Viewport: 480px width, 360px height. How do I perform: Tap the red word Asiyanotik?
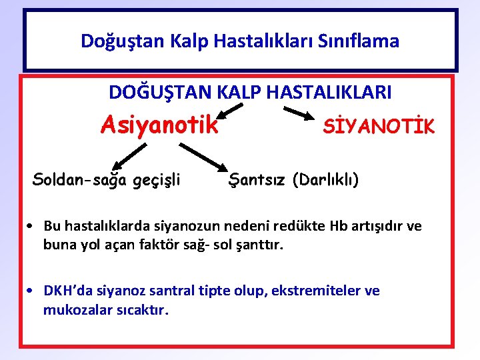point(159,124)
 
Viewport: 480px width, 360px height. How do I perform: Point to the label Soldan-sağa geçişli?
point(107,179)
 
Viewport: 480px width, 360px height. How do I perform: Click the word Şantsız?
point(257,179)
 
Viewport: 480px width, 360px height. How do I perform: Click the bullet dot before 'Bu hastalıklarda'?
point(32,227)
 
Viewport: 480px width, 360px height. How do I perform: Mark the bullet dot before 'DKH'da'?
point(32,291)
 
